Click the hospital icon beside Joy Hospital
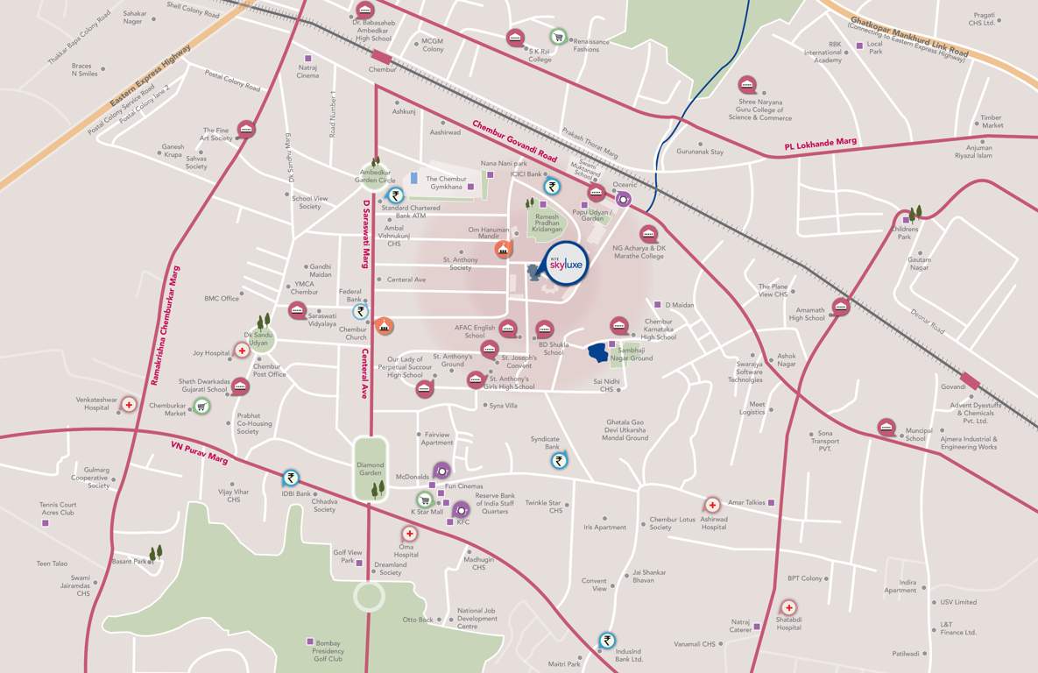(x=241, y=351)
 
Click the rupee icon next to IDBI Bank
(x=290, y=478)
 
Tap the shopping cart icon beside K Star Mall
(x=424, y=500)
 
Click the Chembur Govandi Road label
(x=515, y=141)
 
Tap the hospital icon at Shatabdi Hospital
(x=788, y=607)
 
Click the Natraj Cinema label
(x=307, y=71)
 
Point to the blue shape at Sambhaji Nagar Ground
(x=597, y=352)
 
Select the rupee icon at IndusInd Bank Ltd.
(x=607, y=641)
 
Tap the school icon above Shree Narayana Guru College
(x=747, y=85)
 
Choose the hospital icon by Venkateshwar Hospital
(x=129, y=404)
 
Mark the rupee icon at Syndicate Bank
(x=560, y=460)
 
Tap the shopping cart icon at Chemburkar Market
(x=201, y=406)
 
